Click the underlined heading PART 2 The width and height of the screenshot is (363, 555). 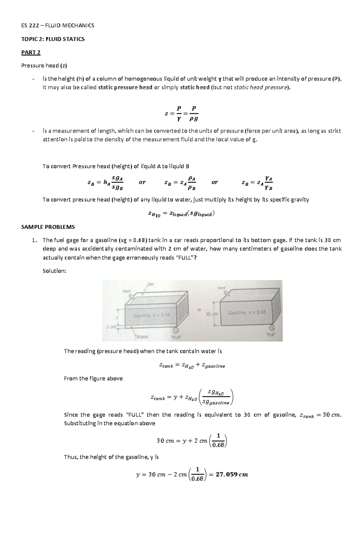(31, 52)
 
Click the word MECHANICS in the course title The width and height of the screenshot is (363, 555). (78, 25)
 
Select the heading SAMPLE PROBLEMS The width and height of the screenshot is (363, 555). (48, 227)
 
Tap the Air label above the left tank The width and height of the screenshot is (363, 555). (151, 284)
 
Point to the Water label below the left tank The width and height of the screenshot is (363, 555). (142, 337)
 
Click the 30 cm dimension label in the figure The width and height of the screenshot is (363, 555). (212, 314)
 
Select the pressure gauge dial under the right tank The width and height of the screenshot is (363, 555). (272, 328)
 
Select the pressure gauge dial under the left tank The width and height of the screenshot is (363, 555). (176, 330)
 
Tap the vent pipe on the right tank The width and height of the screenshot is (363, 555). (231, 293)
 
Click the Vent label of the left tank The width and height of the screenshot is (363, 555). (126, 291)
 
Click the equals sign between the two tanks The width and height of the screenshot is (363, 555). (199, 310)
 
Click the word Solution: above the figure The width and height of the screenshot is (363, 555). (54, 271)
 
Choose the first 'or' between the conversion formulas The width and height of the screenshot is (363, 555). (142, 182)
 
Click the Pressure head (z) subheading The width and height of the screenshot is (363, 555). (44, 66)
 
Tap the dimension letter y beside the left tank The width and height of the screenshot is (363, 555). (117, 318)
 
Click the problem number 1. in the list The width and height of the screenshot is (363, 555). (34, 240)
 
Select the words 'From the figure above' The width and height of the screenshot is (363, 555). (93, 378)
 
